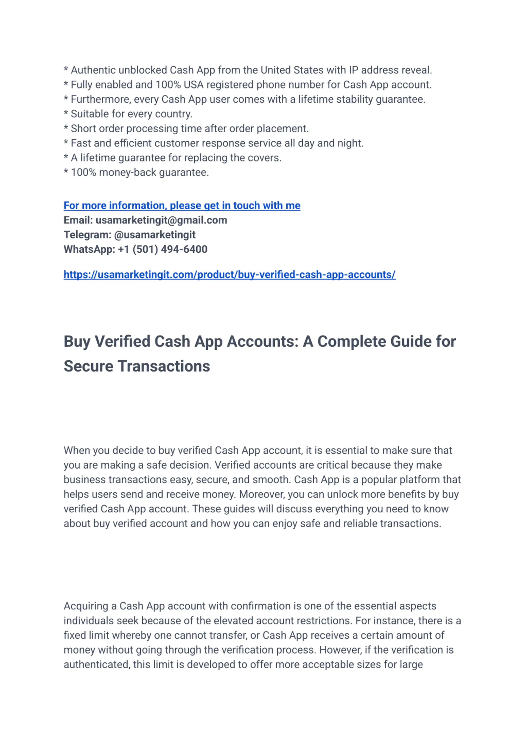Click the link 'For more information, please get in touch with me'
click(182, 206)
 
